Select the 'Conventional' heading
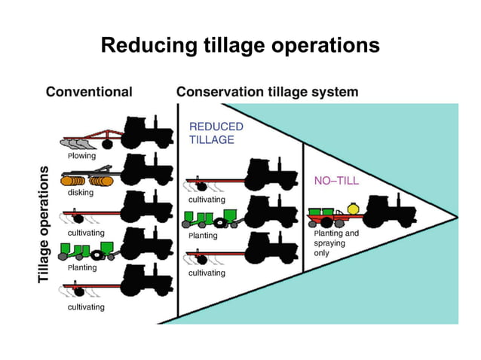point(89,92)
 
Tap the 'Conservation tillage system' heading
point(267,92)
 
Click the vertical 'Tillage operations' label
point(44,224)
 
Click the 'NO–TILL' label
point(336,181)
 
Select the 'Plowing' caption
point(81,157)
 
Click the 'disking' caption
point(81,193)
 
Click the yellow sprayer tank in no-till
point(351,209)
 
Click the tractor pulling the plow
point(147,133)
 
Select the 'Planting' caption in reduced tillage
point(202,236)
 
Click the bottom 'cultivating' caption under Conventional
point(86,307)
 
